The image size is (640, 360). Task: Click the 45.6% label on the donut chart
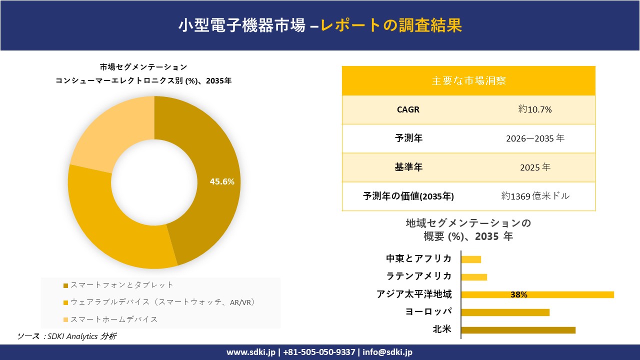tap(222, 181)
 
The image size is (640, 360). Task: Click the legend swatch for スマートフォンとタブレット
tap(65, 285)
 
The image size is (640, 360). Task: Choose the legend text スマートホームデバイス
tap(114, 319)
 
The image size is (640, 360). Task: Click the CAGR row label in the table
tap(408, 109)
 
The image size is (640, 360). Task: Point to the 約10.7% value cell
tap(535, 109)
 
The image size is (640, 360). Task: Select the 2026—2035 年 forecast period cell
tap(535, 138)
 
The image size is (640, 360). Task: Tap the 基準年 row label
tap(408, 167)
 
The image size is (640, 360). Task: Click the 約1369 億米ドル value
tap(535, 196)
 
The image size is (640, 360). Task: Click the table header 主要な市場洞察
tap(468, 80)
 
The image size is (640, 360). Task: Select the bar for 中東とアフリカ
tap(471, 259)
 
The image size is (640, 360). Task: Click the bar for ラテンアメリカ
tap(474, 277)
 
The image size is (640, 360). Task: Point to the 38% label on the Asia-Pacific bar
tap(519, 295)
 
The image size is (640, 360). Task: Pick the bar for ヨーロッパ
tap(505, 312)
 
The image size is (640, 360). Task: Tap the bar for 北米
tap(518, 330)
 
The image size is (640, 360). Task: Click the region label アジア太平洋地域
tap(414, 294)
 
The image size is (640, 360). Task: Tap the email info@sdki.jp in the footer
tap(387, 352)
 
